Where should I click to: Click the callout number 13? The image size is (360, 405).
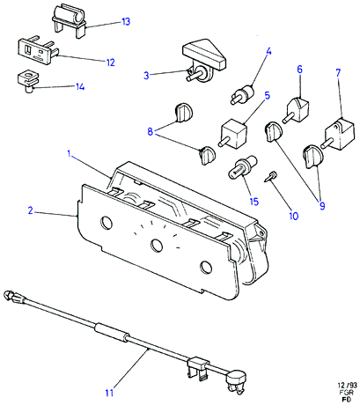point(126,22)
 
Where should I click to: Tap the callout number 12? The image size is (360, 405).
point(110,63)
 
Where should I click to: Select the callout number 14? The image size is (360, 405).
point(80,87)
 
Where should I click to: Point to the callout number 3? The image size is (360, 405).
point(146,76)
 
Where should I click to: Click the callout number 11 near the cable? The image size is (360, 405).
point(109,393)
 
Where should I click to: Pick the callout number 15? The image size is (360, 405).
point(254,202)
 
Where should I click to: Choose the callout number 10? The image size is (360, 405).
point(293,217)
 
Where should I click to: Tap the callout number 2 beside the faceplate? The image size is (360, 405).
point(31,210)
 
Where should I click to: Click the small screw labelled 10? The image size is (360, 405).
point(271,177)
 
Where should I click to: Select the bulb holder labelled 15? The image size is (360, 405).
point(242,168)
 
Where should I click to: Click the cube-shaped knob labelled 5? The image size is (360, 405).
point(233,135)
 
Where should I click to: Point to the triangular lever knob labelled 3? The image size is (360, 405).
point(203,61)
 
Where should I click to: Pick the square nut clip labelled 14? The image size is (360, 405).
point(28,81)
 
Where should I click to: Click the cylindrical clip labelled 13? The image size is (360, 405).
point(70,20)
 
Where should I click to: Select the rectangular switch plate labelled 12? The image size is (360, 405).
point(38,51)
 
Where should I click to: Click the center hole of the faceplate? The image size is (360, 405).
point(157,245)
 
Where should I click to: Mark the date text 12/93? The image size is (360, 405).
point(347,386)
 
